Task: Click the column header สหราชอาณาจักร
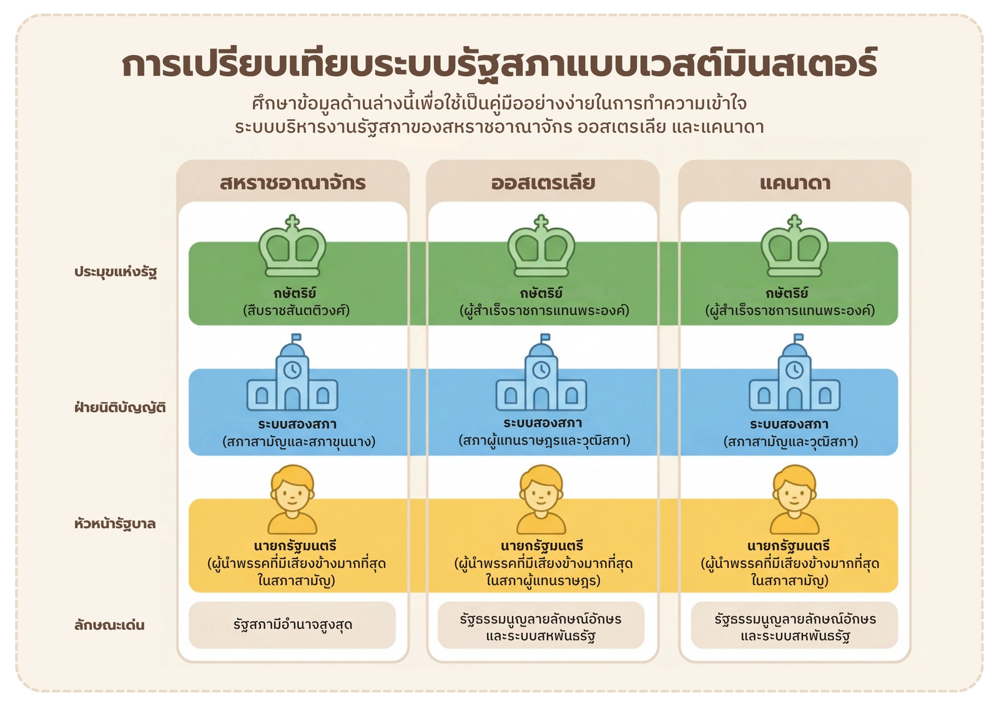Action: pyautogui.click(x=293, y=183)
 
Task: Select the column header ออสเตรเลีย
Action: pyautogui.click(x=543, y=183)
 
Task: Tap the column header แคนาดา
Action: pyautogui.click(x=795, y=183)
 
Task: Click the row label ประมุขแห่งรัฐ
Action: pyautogui.click(x=116, y=272)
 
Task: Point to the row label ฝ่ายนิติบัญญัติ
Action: pyautogui.click(x=120, y=407)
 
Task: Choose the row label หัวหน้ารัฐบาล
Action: pyautogui.click(x=115, y=523)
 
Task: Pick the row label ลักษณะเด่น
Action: pyautogui.click(x=109, y=625)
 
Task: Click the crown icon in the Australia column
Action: pyautogui.click(x=541, y=246)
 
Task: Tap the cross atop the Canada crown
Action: pyautogui.click(x=794, y=222)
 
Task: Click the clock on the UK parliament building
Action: pyautogui.click(x=292, y=370)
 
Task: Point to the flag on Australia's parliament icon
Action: pyautogui.click(x=545, y=337)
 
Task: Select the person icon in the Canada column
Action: pyautogui.click(x=794, y=499)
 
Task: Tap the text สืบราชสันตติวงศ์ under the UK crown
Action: pyautogui.click(x=296, y=310)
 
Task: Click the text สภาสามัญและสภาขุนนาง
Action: pyautogui.click(x=299, y=441)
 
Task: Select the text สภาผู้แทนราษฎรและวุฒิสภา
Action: pyautogui.click(x=544, y=441)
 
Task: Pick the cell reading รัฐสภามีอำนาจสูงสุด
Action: pyautogui.click(x=292, y=624)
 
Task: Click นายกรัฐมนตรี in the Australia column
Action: pyautogui.click(x=541, y=546)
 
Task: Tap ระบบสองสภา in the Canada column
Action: pyautogui.click(x=789, y=424)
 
